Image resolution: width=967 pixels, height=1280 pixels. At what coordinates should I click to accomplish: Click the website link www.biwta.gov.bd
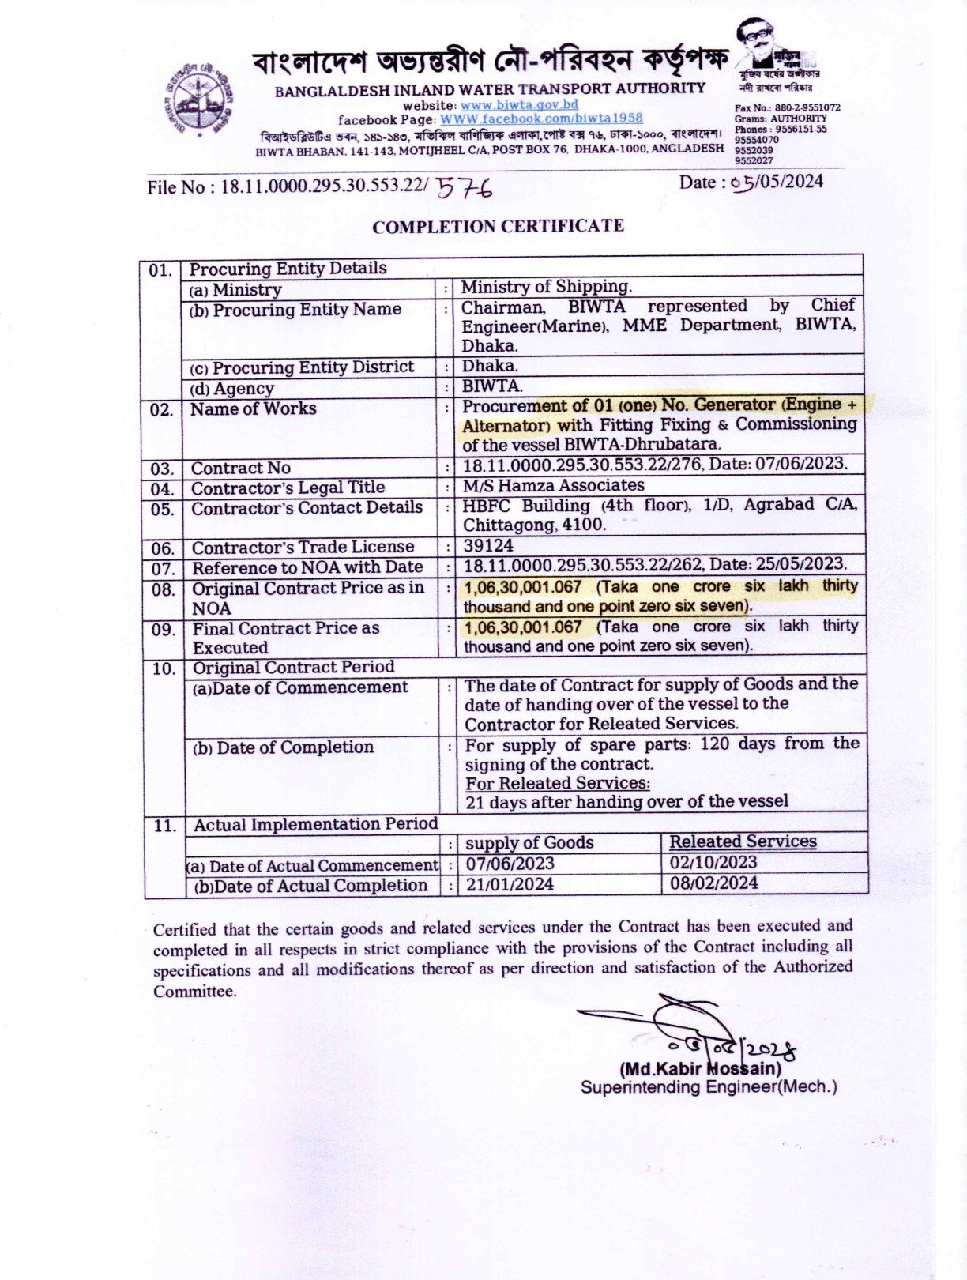point(519,104)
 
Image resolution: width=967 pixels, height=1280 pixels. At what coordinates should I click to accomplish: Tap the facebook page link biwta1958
point(541,119)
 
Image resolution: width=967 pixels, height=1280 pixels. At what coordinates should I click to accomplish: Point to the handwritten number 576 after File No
point(465,187)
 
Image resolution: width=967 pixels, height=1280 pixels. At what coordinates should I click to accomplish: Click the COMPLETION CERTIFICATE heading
point(498,227)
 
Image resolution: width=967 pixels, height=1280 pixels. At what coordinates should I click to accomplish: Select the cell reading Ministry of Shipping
point(546,287)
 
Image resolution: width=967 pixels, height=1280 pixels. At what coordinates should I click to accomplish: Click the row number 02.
point(161,409)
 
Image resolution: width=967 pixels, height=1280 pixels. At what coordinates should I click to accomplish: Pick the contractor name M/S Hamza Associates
point(553,485)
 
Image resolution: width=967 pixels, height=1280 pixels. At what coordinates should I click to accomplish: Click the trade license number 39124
point(487,546)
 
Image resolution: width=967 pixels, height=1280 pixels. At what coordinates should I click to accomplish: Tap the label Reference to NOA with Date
point(307,567)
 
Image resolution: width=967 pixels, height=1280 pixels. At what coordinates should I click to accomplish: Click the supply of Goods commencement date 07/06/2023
point(510,864)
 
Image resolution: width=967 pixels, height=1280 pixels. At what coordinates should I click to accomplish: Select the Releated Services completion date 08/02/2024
point(713,883)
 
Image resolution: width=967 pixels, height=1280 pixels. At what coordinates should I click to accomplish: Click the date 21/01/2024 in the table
point(510,884)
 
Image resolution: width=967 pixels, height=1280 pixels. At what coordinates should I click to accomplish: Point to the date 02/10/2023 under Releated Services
point(713,862)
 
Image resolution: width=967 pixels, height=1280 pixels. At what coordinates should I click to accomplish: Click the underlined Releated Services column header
point(743,841)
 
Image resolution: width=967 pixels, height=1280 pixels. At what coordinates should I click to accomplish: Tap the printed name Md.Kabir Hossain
point(700,1069)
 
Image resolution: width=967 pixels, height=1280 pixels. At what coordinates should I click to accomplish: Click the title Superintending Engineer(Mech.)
point(708,1087)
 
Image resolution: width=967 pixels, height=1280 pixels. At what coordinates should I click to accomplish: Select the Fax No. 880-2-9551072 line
point(787,107)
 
